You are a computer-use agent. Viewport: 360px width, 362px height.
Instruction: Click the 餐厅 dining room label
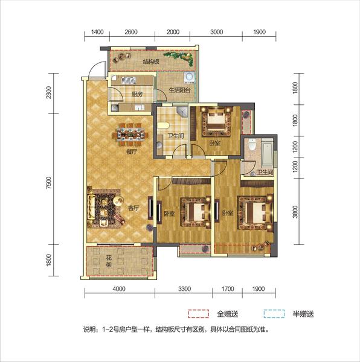[132, 152]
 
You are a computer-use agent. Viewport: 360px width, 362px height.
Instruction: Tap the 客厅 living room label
[133, 208]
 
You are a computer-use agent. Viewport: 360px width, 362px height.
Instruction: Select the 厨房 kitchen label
[137, 94]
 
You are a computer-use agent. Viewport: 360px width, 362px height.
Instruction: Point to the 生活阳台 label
[179, 90]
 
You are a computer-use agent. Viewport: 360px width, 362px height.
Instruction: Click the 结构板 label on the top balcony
[151, 62]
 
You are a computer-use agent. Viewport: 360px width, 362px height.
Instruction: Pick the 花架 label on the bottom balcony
[109, 261]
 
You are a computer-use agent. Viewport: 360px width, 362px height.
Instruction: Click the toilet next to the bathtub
[252, 145]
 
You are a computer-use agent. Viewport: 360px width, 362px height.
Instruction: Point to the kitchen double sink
[128, 80]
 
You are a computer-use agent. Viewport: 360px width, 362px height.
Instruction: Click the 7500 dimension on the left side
[48, 183]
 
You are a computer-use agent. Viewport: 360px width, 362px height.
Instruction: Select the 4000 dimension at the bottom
[120, 289]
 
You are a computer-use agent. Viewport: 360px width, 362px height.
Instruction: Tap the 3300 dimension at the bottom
[185, 289]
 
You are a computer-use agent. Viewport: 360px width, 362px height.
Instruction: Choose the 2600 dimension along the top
[131, 32]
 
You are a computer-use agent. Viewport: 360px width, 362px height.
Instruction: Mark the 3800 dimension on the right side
[295, 212]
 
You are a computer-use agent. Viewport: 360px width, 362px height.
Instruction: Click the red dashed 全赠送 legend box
[199, 314]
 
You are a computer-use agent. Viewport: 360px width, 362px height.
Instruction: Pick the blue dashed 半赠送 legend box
[274, 314]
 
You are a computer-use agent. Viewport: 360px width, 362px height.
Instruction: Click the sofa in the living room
[91, 207]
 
